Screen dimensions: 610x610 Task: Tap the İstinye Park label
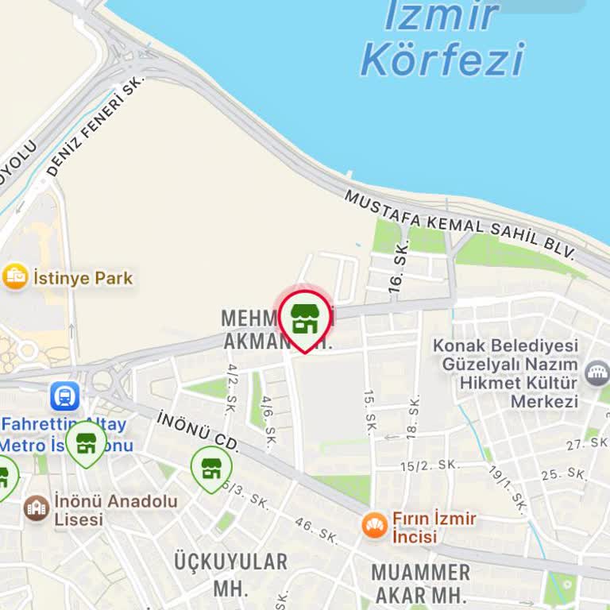[82, 279]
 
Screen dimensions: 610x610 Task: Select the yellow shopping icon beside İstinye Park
[14, 277]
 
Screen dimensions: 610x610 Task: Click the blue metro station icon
[64, 396]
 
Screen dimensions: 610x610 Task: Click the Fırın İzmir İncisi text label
[434, 527]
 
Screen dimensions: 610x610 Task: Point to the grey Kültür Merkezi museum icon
[596, 373]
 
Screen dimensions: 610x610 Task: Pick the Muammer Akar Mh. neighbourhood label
[421, 583]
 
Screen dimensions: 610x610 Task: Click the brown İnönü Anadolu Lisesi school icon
[37, 508]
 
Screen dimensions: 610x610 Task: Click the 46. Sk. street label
[316, 531]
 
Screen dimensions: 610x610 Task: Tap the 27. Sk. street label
[585, 445]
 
